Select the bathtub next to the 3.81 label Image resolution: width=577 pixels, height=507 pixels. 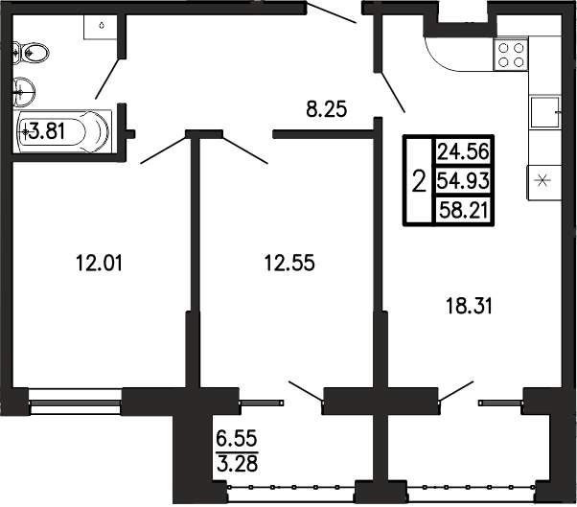click(62, 131)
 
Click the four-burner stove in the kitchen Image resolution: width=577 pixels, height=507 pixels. click(511, 55)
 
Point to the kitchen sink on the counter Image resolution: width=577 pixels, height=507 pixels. click(545, 112)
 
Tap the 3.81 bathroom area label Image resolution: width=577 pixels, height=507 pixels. click(47, 131)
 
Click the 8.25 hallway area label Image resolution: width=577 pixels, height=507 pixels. click(327, 109)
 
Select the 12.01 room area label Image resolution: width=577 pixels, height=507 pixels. click(99, 263)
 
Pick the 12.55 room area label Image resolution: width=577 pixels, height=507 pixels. click(289, 263)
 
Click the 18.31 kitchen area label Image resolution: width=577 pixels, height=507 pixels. click(469, 306)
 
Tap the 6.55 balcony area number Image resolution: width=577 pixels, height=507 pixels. click(237, 439)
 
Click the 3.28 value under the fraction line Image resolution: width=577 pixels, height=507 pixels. click(237, 464)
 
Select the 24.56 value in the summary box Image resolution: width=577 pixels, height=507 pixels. click(463, 151)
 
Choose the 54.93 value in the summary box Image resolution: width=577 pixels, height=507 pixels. click(463, 180)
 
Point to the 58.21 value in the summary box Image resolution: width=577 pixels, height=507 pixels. click(464, 211)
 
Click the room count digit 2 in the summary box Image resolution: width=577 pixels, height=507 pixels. click(419, 180)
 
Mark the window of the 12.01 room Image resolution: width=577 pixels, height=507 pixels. click(75, 403)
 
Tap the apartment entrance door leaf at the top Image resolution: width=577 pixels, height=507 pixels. click(332, 12)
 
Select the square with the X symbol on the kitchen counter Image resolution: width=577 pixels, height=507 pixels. click(543, 182)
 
